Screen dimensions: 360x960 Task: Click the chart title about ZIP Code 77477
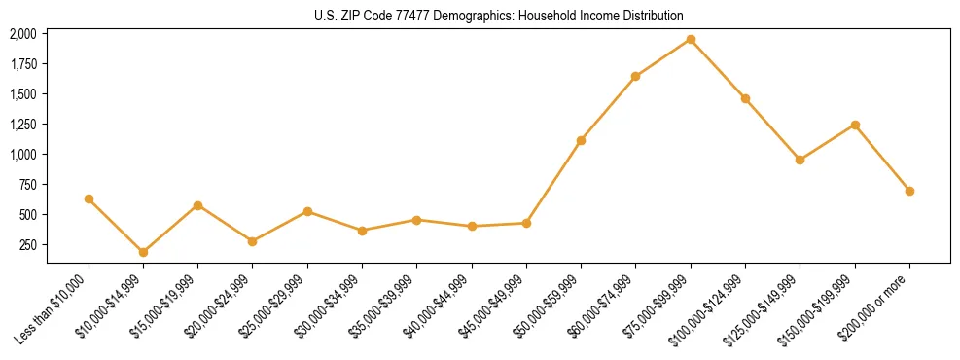coord(480,16)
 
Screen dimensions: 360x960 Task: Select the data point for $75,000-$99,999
coord(691,40)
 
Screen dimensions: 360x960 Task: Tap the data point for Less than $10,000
coord(89,198)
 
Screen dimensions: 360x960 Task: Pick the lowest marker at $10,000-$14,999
coord(143,252)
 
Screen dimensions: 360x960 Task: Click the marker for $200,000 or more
coord(909,191)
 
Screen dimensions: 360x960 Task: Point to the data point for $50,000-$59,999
coord(581,140)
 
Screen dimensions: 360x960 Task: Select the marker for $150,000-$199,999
coord(855,125)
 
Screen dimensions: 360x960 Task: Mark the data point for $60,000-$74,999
coord(635,76)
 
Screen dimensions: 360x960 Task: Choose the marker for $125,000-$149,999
coord(800,160)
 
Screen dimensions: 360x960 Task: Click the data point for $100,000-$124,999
coord(745,98)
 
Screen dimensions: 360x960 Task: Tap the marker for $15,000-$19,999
coord(197,205)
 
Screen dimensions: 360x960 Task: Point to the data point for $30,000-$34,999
coord(362,231)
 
